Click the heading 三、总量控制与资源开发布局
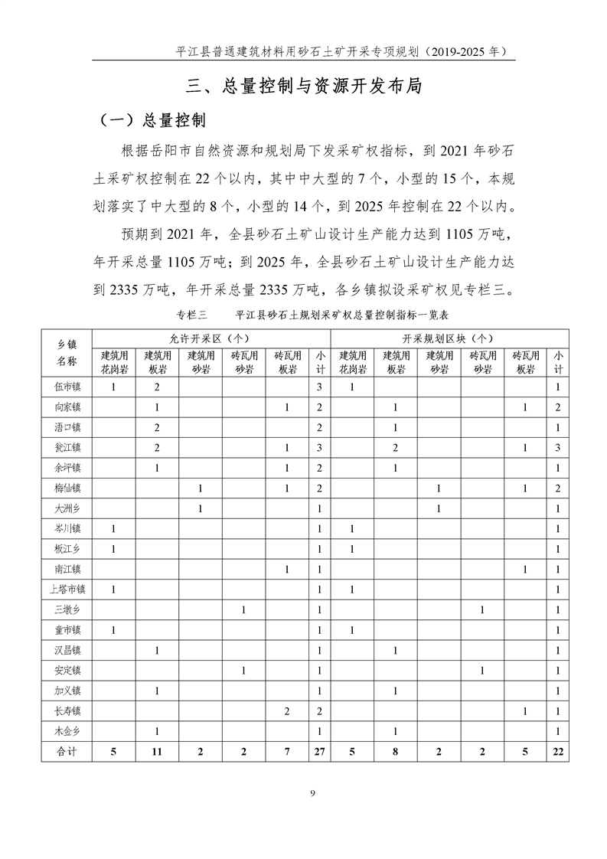coord(304,85)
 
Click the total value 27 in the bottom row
coord(319,751)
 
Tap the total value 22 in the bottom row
coord(559,751)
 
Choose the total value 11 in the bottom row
coord(156,751)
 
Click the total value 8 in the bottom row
coord(395,751)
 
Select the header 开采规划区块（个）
coord(448,338)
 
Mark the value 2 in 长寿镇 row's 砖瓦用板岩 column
coord(287,710)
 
